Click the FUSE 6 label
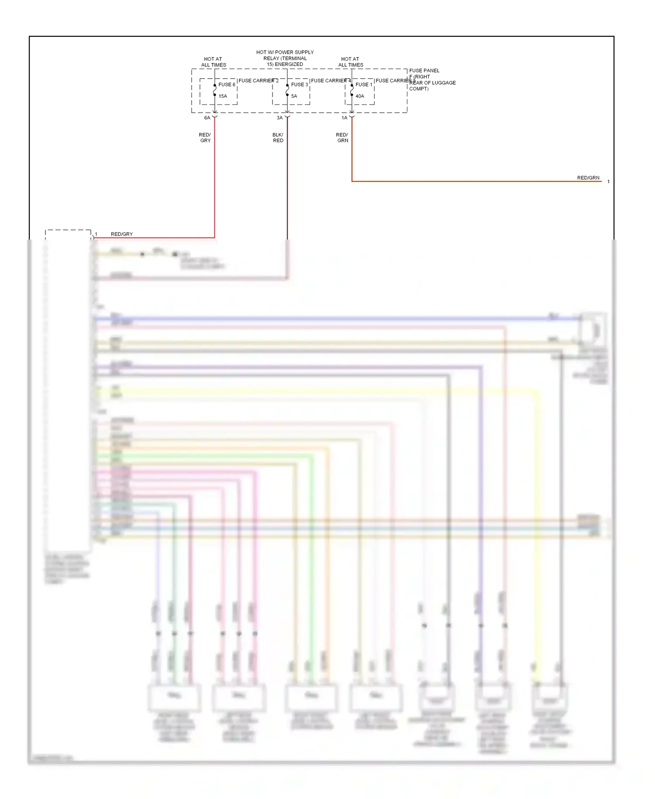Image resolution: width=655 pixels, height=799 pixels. (x=227, y=85)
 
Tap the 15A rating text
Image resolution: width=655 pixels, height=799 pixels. (x=223, y=96)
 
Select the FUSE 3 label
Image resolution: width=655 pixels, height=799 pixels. (x=300, y=85)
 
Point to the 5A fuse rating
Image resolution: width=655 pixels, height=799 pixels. (x=294, y=96)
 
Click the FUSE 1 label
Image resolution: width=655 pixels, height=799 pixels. (x=364, y=85)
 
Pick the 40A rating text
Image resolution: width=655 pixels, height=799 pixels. (x=360, y=96)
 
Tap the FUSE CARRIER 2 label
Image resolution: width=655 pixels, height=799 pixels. (x=259, y=81)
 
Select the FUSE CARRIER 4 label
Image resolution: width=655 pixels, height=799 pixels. (x=331, y=81)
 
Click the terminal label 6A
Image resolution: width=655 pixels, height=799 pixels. (x=207, y=118)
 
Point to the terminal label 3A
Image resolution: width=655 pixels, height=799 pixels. (x=280, y=118)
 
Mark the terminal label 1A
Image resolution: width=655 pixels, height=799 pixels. (x=345, y=118)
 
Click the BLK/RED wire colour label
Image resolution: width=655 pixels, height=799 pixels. (x=278, y=138)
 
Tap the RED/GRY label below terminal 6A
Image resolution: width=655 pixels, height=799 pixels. (x=205, y=138)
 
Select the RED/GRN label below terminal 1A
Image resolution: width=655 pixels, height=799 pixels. (x=342, y=138)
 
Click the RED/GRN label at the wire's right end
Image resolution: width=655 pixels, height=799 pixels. (x=588, y=178)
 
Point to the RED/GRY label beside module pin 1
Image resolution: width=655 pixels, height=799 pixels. (x=122, y=234)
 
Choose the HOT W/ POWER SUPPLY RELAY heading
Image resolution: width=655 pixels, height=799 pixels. (x=285, y=58)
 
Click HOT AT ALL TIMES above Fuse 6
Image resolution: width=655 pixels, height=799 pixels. (x=214, y=62)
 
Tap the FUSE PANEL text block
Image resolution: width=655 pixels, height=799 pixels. (x=432, y=80)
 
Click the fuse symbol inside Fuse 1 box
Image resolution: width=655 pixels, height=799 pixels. (x=352, y=90)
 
